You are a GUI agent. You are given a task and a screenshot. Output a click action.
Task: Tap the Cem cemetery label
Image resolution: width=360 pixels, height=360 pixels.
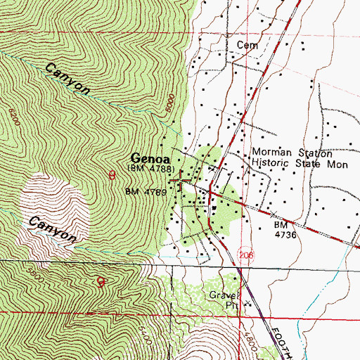247,45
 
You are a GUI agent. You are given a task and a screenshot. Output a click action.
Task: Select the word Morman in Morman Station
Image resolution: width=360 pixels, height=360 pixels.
271,153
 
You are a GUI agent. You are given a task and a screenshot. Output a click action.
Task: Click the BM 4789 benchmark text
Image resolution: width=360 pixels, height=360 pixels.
145,191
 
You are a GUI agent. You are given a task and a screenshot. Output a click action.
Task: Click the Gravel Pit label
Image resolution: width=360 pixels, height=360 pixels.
224,300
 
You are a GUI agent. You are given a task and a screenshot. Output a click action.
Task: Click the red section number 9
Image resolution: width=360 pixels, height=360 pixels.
101,283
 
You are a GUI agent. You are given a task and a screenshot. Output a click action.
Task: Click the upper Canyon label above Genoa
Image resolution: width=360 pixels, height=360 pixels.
68,78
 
